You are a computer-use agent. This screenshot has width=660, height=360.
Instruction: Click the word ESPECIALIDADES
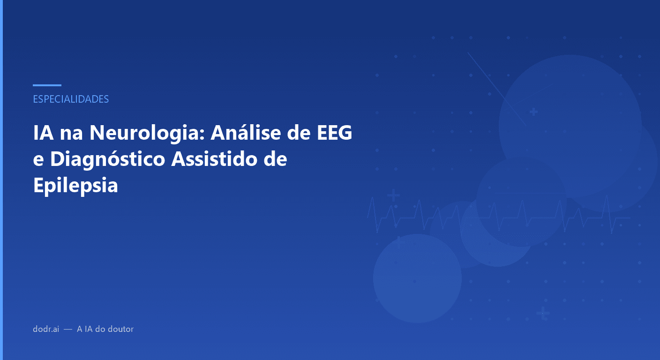point(71,99)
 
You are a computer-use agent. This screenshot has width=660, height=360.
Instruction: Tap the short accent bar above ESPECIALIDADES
point(47,85)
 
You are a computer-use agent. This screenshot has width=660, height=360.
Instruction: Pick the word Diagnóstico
point(108,159)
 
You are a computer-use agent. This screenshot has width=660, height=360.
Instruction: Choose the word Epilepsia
point(75,186)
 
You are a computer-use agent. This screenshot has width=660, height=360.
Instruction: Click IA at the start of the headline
point(43,133)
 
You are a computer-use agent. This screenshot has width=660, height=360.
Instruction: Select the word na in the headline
point(71,133)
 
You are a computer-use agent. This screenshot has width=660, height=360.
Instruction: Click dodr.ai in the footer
point(45,329)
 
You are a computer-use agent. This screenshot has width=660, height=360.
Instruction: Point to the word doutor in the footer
point(120,329)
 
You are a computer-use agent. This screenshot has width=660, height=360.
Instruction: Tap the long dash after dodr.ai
point(67,329)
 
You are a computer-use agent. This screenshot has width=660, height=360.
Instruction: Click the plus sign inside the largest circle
point(533,112)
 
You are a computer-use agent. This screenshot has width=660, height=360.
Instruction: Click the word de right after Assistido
point(274,159)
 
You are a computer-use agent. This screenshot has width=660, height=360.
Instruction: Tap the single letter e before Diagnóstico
point(38,159)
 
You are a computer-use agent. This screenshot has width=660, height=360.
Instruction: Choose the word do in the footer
point(100,329)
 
